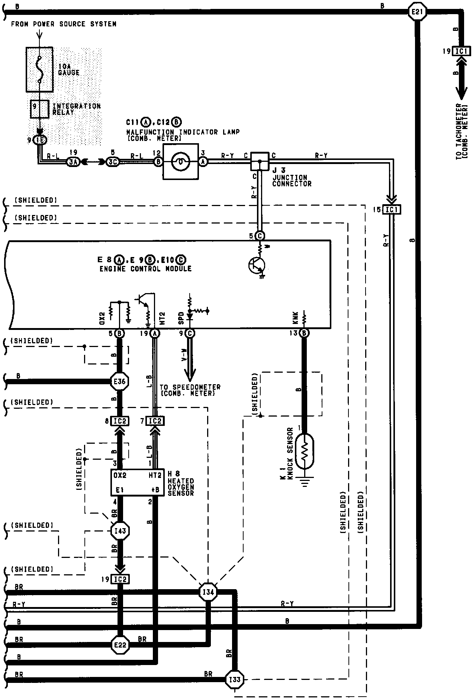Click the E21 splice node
click(x=417, y=12)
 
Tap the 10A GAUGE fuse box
click(x=39, y=70)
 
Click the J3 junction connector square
click(x=260, y=161)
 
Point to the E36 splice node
click(x=120, y=381)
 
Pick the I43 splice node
click(x=120, y=531)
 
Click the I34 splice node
click(x=208, y=592)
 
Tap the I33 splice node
click(x=235, y=680)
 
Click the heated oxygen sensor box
click(x=137, y=482)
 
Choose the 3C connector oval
click(x=112, y=161)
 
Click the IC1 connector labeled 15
click(x=392, y=210)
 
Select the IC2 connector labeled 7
click(x=155, y=421)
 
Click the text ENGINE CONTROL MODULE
click(x=145, y=269)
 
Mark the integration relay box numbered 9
click(x=39, y=109)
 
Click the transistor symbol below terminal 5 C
click(x=256, y=265)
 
